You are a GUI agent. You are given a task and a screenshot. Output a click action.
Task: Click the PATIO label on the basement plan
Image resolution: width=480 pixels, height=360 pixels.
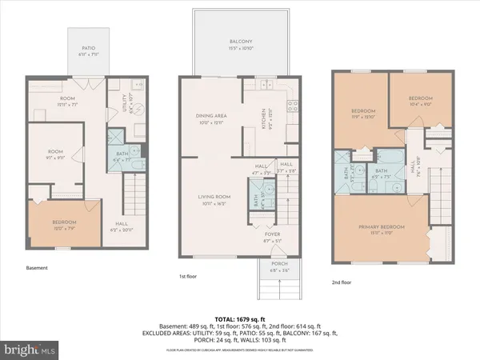[x=82, y=50]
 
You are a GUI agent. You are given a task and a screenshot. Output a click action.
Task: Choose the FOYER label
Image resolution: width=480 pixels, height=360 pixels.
[x=274, y=234]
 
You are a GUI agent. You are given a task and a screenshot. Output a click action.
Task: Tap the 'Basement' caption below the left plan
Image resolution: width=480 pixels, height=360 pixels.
[x=38, y=269]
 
